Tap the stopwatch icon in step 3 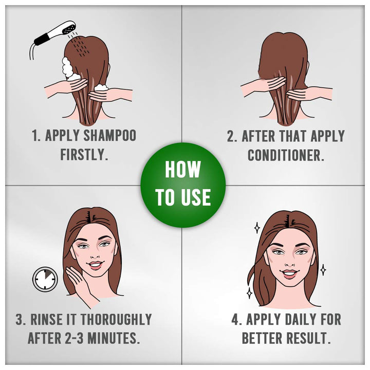45,279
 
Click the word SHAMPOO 110,135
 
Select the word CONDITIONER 286,155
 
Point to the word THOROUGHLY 116,319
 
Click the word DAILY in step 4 299,319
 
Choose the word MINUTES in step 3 113,338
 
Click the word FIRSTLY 84,155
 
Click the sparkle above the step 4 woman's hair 257,228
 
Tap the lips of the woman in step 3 95,265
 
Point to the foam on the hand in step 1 102,87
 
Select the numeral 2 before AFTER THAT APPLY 231,136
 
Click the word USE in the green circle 196,197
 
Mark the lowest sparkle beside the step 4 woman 249,293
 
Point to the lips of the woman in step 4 290,274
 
